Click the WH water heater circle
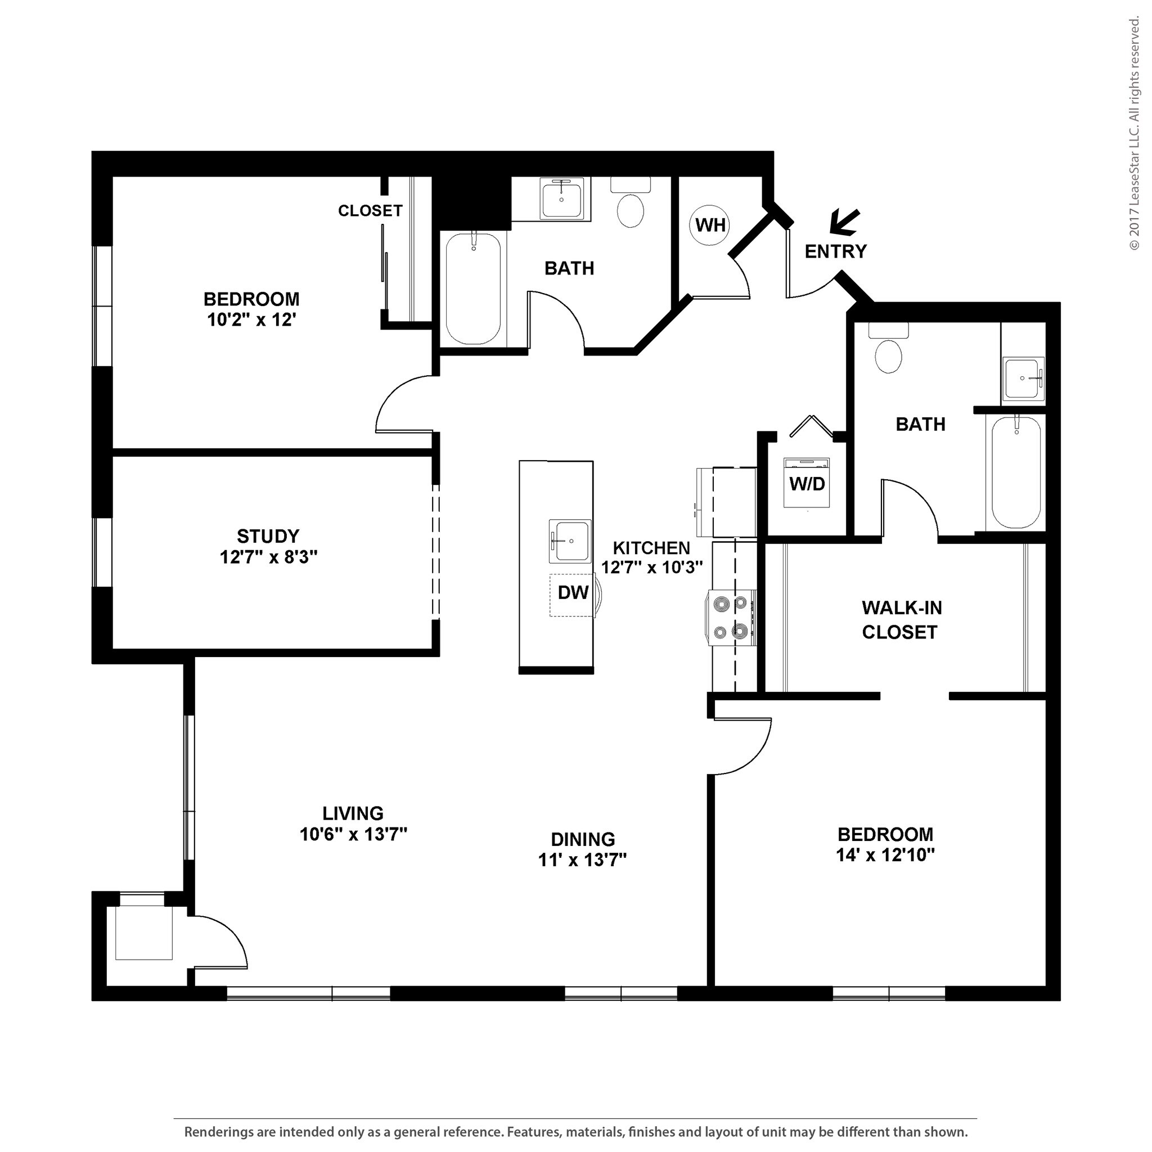coord(709,225)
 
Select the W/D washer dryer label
coord(807,484)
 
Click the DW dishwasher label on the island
coord(573,593)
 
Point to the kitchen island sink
coord(570,541)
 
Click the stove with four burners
coord(732,618)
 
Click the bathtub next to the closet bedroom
coord(474,289)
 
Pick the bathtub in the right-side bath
coord(1016,471)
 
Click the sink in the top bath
coord(561,201)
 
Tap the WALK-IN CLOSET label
coord(901,620)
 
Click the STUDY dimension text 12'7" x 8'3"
coord(268,557)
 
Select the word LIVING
coord(353,813)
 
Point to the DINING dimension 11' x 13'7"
coord(582,860)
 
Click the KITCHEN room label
coord(651,547)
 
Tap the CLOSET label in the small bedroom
coord(370,210)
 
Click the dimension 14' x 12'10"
coord(884,855)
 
